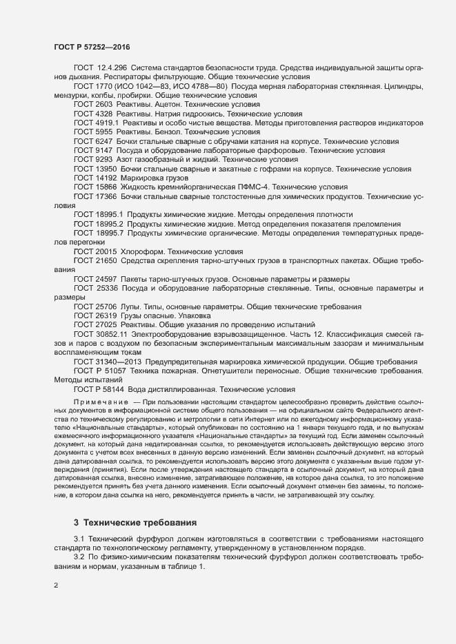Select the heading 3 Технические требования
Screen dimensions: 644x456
(130, 523)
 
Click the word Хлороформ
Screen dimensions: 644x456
(144, 252)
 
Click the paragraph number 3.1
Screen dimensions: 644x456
(79, 537)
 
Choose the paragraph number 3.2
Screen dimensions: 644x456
(79, 555)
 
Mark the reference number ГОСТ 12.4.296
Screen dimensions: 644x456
(99, 67)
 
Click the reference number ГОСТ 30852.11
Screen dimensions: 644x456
(100, 333)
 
